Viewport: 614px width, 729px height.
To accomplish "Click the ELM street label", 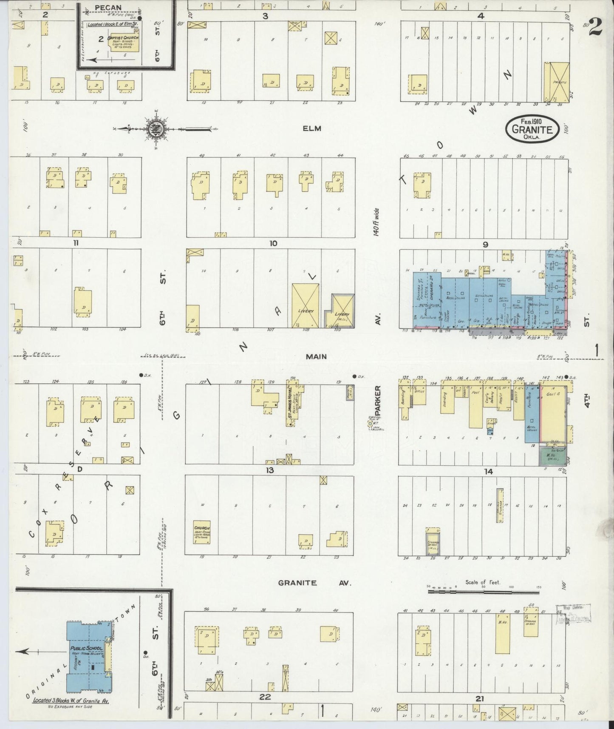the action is [312, 128].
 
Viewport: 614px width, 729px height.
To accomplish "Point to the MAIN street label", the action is [316, 356].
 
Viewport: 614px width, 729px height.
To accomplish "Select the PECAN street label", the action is [108, 8].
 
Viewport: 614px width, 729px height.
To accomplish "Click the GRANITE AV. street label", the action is [315, 583].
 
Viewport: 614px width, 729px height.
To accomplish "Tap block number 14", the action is [488, 471].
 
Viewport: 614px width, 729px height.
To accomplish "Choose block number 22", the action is [265, 697].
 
